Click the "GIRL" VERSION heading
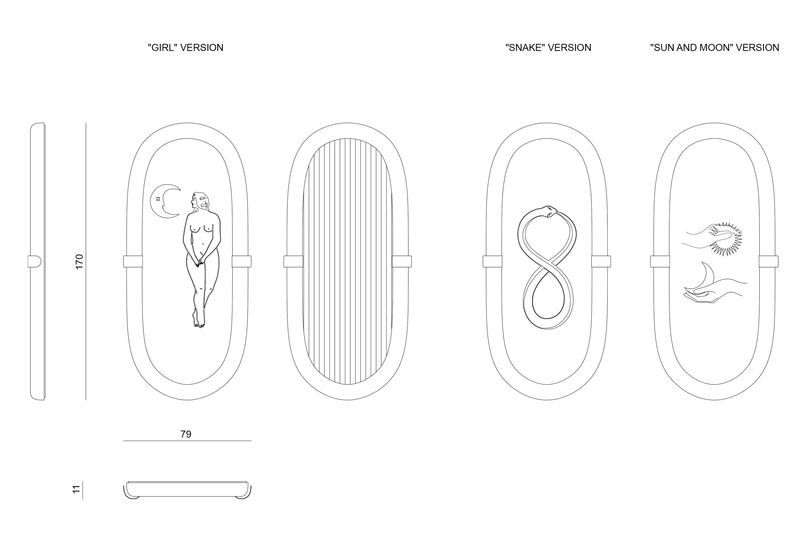pyautogui.click(x=186, y=47)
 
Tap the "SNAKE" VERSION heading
pyautogui.click(x=548, y=47)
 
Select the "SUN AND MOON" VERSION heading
pyautogui.click(x=715, y=47)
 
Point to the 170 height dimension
pyautogui.click(x=79, y=262)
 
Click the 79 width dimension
pyautogui.click(x=186, y=434)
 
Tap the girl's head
pyautogui.click(x=199, y=201)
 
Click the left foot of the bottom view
pyautogui.click(x=132, y=496)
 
